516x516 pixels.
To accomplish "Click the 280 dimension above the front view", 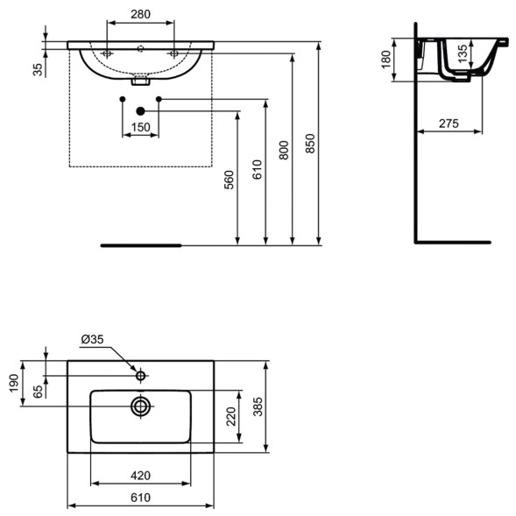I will pos(140,15).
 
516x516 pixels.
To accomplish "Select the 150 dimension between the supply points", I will pos(140,127).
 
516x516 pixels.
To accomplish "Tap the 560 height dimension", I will pos(230,180).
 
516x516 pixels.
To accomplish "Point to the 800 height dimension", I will pos(282,150).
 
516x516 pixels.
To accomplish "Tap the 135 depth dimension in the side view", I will pos(463,55).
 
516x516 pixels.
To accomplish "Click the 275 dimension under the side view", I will pos(449,124).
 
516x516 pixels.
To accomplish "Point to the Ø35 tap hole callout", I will pos(93,339).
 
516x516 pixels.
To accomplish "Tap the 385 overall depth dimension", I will pos(260,406).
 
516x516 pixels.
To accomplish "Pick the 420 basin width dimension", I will pos(140,475).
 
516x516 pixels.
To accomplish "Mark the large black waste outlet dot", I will pos(140,110).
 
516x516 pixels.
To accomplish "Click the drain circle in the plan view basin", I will pos(140,406).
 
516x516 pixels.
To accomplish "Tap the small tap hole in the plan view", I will pos(140,376).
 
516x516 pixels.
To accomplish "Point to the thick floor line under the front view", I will pos(140,245).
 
